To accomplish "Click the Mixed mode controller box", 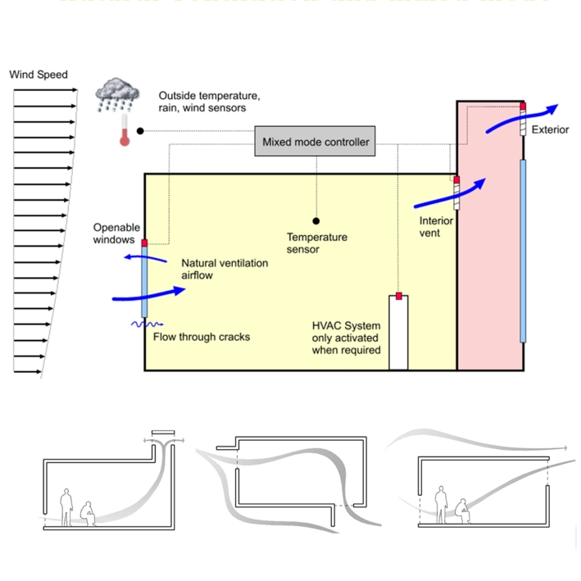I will click(x=315, y=142).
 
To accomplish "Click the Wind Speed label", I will click(x=38, y=75).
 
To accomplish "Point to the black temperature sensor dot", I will click(x=315, y=220).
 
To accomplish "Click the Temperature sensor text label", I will click(x=316, y=243).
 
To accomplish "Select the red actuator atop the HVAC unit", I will click(x=398, y=295).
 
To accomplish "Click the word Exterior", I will click(x=550, y=129).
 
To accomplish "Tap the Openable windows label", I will click(x=116, y=234).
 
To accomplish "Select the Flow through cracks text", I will click(x=202, y=337).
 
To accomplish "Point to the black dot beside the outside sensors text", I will click(x=140, y=130).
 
